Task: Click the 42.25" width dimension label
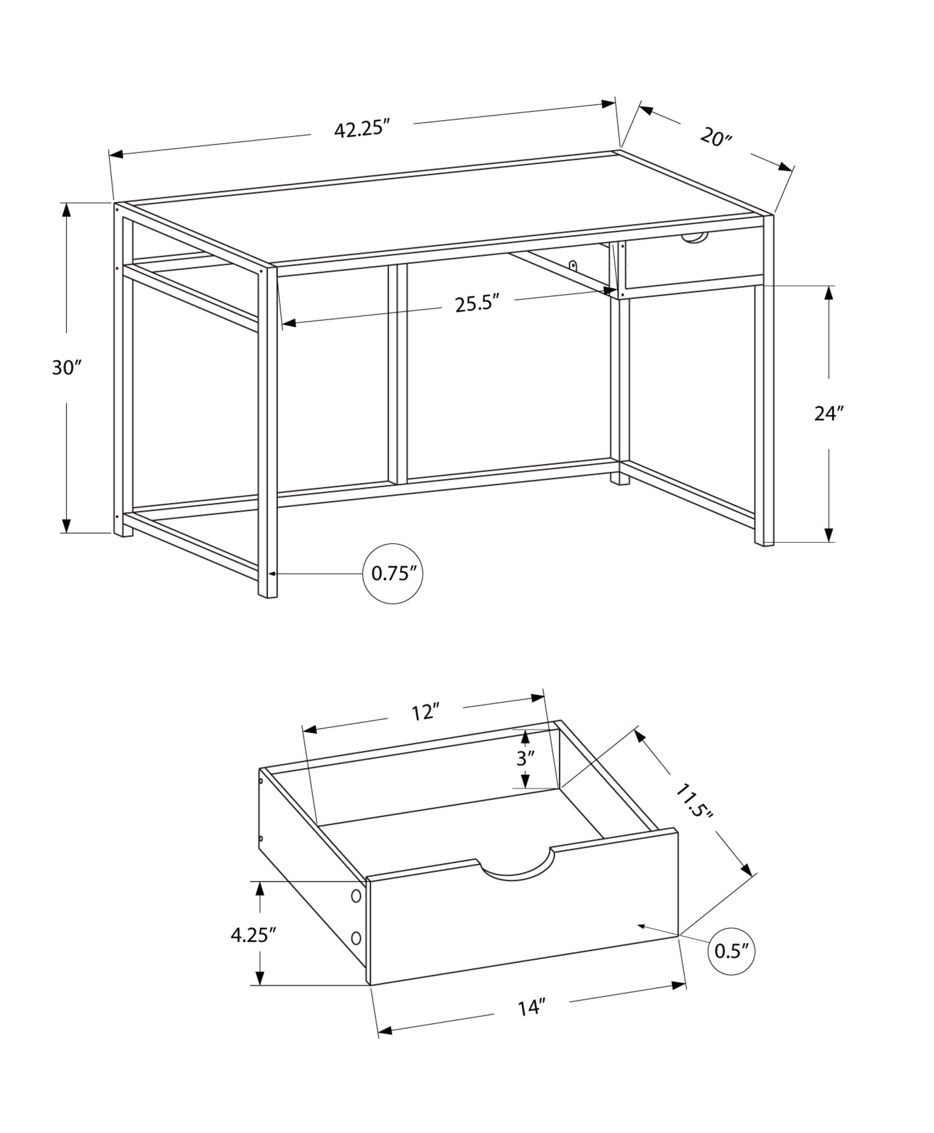[x=362, y=129]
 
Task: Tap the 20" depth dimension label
[x=716, y=137]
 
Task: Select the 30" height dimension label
[x=67, y=368]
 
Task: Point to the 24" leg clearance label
[x=829, y=414]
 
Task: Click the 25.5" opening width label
[x=477, y=304]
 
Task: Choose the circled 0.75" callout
[x=393, y=574]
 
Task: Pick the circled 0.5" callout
[x=732, y=951]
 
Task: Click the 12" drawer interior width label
[x=425, y=713]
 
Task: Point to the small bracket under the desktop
[x=573, y=265]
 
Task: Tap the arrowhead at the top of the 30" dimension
[x=67, y=211]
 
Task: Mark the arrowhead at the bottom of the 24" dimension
[x=829, y=535]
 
